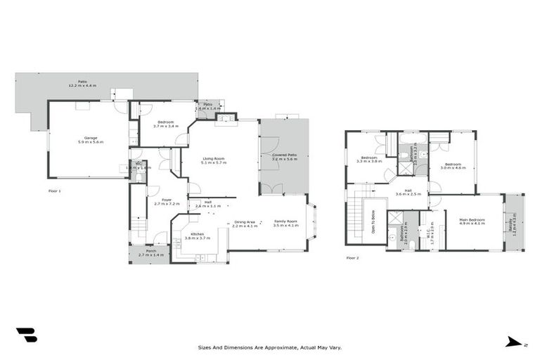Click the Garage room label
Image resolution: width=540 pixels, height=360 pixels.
[91, 138]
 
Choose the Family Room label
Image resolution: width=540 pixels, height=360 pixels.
[285, 221]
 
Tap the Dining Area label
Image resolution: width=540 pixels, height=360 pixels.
[245, 221]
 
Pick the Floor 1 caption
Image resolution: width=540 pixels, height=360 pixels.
[55, 191]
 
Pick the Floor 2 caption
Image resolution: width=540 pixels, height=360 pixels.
[352, 258]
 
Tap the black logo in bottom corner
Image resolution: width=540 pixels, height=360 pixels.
[26, 335]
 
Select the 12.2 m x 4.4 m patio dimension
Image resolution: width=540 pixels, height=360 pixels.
[82, 85]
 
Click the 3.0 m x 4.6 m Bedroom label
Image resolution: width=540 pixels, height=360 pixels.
[453, 166]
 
